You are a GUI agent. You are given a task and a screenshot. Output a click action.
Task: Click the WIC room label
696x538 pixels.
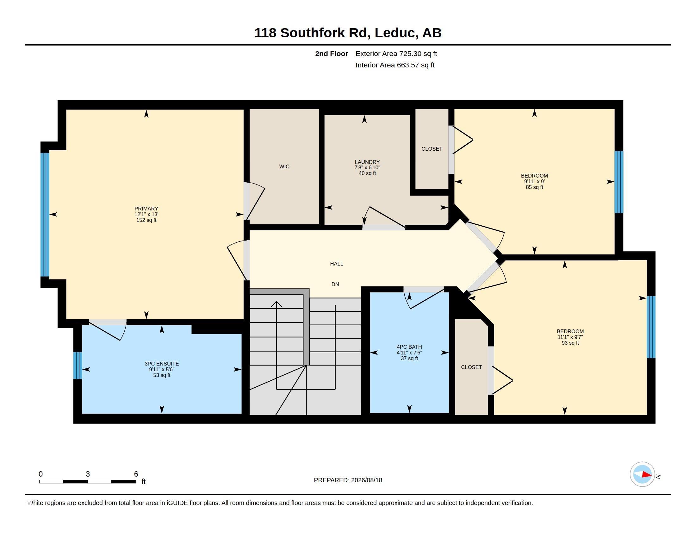click(x=284, y=166)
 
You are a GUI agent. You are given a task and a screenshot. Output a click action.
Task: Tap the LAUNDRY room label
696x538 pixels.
click(x=367, y=162)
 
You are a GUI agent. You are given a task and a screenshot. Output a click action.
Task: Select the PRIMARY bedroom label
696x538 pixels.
click(x=146, y=209)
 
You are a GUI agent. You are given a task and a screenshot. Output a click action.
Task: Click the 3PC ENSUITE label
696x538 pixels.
click(x=162, y=364)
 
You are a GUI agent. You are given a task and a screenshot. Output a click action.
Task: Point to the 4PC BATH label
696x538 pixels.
click(x=409, y=347)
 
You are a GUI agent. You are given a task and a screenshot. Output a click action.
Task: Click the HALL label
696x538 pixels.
click(x=337, y=264)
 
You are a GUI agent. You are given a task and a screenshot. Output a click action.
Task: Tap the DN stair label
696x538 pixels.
click(x=335, y=284)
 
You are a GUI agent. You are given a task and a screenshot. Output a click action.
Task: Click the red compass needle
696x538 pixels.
click(x=646, y=475)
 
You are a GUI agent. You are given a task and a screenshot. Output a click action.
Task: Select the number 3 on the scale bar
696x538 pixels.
click(x=88, y=474)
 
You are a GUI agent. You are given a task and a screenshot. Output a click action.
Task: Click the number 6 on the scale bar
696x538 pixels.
click(x=136, y=474)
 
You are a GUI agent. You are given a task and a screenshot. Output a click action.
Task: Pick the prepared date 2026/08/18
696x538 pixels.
click(x=366, y=480)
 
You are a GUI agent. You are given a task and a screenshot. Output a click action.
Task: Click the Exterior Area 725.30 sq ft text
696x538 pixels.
click(x=396, y=53)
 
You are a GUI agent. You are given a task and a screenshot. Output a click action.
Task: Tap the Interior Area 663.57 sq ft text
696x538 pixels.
click(x=395, y=65)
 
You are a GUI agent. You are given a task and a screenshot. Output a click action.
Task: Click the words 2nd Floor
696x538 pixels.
click(x=332, y=53)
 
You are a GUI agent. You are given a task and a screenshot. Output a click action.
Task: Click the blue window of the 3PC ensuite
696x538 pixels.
click(x=78, y=365)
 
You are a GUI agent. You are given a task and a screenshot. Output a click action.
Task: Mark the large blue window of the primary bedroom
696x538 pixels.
click(x=45, y=215)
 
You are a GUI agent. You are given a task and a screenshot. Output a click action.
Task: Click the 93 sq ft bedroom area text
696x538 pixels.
click(x=570, y=343)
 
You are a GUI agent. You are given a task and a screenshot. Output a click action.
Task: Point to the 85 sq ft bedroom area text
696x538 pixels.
click(x=534, y=187)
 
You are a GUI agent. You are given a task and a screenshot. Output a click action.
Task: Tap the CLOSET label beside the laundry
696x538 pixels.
click(x=432, y=149)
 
